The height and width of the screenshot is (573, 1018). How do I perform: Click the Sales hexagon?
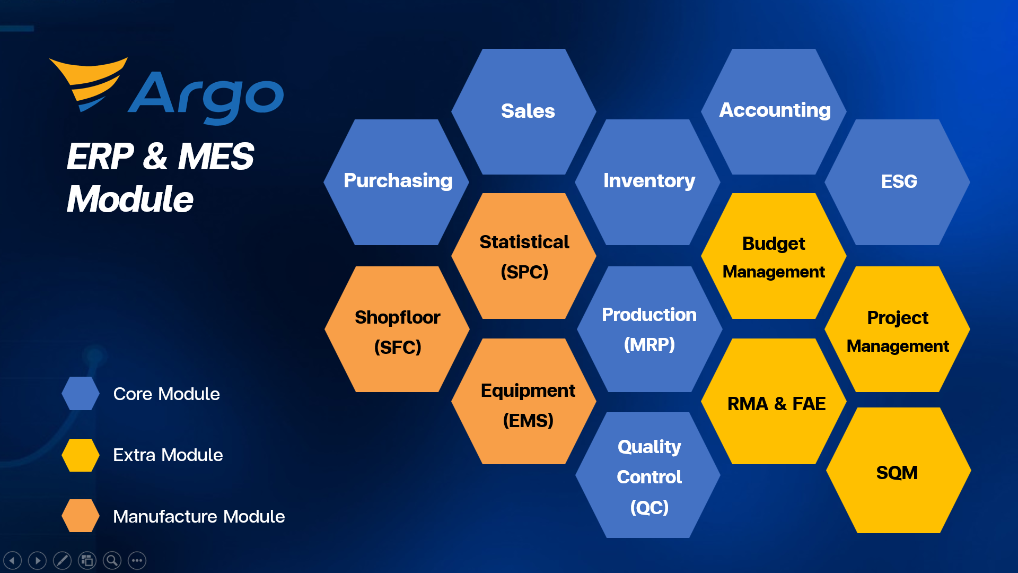[x=524, y=111]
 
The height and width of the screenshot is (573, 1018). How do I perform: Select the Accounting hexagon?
[x=774, y=111]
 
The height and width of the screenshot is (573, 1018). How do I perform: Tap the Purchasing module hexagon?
[x=396, y=182]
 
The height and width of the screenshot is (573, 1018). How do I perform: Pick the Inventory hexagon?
[x=647, y=182]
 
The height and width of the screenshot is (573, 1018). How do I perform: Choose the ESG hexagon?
[x=897, y=182]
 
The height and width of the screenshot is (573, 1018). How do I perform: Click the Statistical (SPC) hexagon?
[x=524, y=256]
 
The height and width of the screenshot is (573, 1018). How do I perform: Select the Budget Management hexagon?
[x=774, y=256]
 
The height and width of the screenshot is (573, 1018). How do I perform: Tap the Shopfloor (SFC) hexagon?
[x=397, y=329]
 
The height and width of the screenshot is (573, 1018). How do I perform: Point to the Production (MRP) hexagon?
[x=650, y=329]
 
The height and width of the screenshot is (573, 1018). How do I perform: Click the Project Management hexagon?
[x=897, y=329]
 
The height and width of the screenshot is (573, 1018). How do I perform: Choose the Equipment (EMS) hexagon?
[x=524, y=401]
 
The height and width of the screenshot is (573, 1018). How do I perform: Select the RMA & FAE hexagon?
[x=774, y=401]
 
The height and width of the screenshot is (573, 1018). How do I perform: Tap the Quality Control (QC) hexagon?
[x=648, y=475]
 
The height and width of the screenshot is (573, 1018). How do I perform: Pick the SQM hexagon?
[x=899, y=470]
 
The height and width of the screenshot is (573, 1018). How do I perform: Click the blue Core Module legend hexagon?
[x=81, y=393]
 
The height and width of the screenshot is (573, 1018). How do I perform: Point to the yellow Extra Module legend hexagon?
[x=81, y=455]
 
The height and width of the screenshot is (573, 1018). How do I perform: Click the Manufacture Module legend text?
[x=199, y=516]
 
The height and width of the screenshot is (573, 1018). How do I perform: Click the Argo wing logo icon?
[x=89, y=83]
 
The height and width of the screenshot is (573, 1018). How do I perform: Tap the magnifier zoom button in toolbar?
[x=112, y=560]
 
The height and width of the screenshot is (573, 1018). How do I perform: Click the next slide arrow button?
[x=37, y=560]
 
